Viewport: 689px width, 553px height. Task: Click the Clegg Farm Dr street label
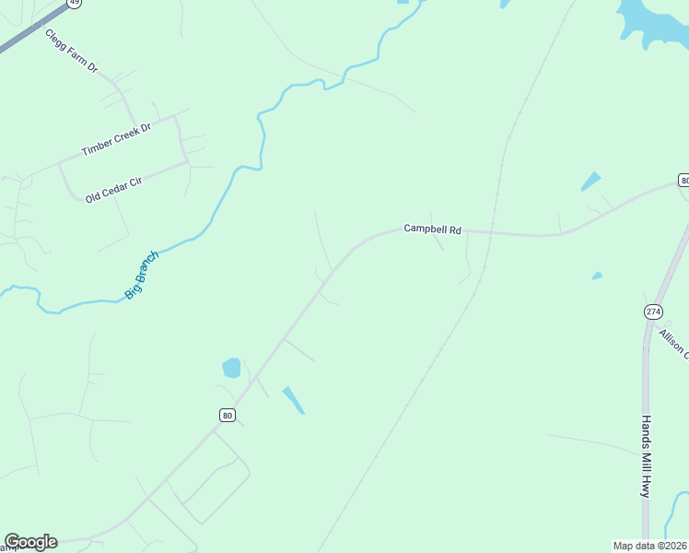pyautogui.click(x=72, y=51)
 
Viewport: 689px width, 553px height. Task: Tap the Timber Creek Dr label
pyautogui.click(x=115, y=139)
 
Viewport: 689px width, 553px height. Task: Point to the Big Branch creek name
pyautogui.click(x=142, y=275)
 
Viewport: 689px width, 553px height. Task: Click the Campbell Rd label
pyautogui.click(x=432, y=229)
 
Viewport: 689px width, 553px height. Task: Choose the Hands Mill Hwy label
pyautogui.click(x=647, y=456)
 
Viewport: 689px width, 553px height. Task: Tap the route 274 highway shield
pyautogui.click(x=653, y=312)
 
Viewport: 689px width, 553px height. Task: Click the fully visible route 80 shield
pyautogui.click(x=227, y=416)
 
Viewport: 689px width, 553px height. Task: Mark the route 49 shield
pyautogui.click(x=75, y=3)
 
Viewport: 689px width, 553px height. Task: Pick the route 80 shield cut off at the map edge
pyautogui.click(x=683, y=180)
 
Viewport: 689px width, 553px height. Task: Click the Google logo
pyautogui.click(x=30, y=542)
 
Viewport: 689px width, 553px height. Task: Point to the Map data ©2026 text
pyautogui.click(x=649, y=546)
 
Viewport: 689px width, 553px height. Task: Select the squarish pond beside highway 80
pyautogui.click(x=231, y=369)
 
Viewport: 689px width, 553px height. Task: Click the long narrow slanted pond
pyautogui.click(x=293, y=399)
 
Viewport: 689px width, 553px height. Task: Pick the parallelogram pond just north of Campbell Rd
pyautogui.click(x=590, y=182)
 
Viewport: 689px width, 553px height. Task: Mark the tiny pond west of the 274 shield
pyautogui.click(x=597, y=276)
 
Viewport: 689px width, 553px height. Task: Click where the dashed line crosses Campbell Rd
pyautogui.click(x=490, y=231)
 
